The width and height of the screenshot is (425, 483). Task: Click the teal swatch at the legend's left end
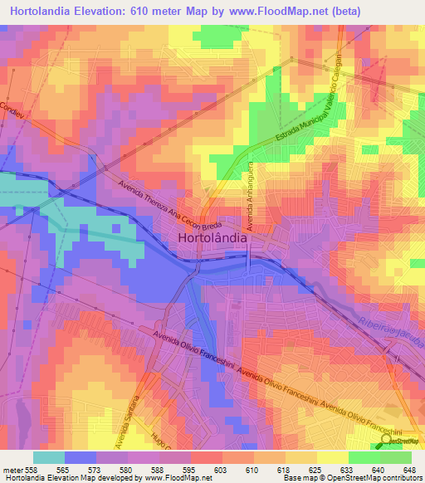point(49,456)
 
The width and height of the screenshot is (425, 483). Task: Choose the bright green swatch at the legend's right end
point(396,456)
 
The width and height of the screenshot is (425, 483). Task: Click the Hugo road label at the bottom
point(160,438)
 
